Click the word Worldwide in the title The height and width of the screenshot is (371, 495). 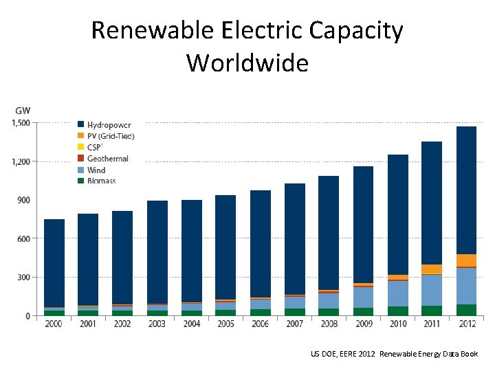click(247, 63)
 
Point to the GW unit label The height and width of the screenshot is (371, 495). click(23, 110)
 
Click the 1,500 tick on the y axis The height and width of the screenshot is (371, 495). click(20, 123)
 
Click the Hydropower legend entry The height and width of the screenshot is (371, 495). click(109, 125)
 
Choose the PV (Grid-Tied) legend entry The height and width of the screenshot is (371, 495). click(111, 136)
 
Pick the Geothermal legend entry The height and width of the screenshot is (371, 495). click(107, 159)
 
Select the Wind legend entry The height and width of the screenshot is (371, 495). click(96, 170)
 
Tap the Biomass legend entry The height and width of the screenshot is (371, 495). click(101, 181)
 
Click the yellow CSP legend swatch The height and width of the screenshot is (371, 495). click(81, 147)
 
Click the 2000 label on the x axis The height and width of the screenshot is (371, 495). click(54, 324)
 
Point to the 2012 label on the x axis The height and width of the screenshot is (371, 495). click(466, 324)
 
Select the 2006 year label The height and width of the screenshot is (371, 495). click(260, 324)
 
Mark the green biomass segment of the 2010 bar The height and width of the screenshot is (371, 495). click(397, 311)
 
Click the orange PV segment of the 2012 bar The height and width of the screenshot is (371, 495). click(466, 260)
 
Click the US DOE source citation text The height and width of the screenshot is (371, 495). click(393, 354)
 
